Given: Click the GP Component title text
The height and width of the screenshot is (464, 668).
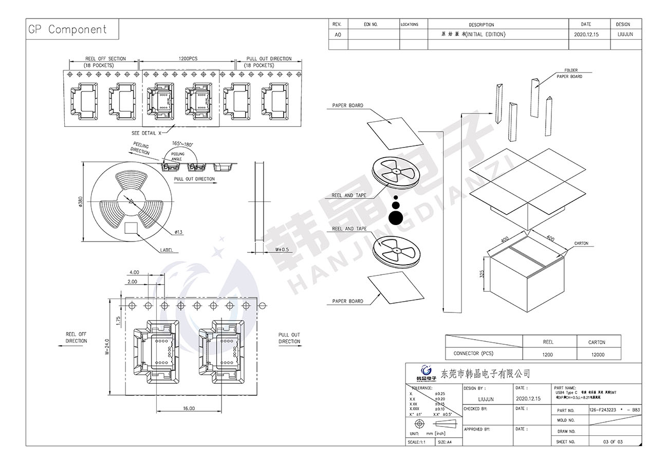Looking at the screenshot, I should tap(67, 30).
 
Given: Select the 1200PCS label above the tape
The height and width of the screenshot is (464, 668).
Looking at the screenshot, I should tap(188, 59).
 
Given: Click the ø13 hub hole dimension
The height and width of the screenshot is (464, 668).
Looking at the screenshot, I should tap(178, 232).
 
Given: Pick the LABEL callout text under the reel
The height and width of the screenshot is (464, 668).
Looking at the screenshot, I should tap(166, 250).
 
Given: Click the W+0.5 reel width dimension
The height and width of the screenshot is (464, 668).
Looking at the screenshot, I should tap(282, 250).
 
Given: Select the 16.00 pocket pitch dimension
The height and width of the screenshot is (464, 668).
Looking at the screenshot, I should tap(188, 409).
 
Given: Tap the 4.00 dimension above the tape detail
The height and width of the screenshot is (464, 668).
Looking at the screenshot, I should tap(134, 272).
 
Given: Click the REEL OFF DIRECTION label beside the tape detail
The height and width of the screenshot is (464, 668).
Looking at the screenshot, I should tap(76, 338).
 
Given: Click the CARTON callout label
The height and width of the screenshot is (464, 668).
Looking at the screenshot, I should tap(581, 244).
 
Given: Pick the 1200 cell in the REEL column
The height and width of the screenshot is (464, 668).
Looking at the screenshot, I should tap(548, 354).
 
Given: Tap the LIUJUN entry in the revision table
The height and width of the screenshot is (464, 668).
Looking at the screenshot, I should tap(623, 34).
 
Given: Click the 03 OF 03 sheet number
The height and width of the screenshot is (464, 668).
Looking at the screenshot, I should tap(613, 442).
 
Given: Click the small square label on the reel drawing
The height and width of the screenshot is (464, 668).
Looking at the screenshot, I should tap(132, 227).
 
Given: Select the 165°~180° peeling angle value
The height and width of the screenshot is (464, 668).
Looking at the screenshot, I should tap(182, 144).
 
